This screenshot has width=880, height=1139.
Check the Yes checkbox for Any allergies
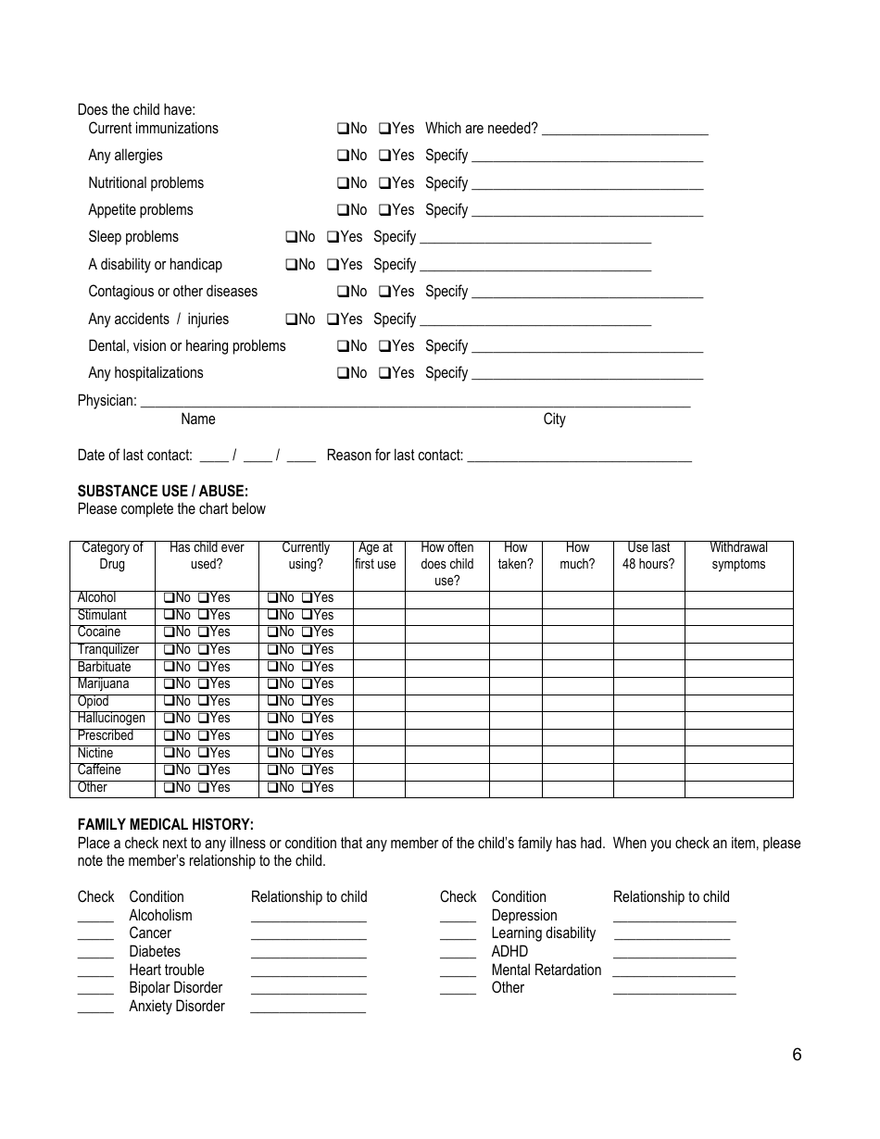coord(384,156)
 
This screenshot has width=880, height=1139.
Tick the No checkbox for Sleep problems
coord(291,237)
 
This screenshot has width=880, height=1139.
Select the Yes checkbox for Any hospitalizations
coord(384,373)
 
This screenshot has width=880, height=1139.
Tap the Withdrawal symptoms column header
coord(738,556)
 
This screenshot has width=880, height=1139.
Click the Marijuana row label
coord(103,684)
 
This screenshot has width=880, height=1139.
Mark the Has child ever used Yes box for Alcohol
coord(203,598)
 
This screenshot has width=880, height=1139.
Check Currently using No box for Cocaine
coord(272,632)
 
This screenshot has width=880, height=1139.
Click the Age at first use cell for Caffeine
coord(378,770)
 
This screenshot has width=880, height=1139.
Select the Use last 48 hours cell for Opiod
coord(648,702)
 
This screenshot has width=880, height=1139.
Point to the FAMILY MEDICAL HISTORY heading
coord(165,825)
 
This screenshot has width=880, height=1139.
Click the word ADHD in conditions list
coord(509,952)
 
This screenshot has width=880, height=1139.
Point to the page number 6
coord(797,1055)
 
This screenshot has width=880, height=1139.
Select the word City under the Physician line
coord(554,419)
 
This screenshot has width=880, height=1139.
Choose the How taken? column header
coord(515,556)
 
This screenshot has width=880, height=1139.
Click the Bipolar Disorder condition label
coord(176,988)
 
